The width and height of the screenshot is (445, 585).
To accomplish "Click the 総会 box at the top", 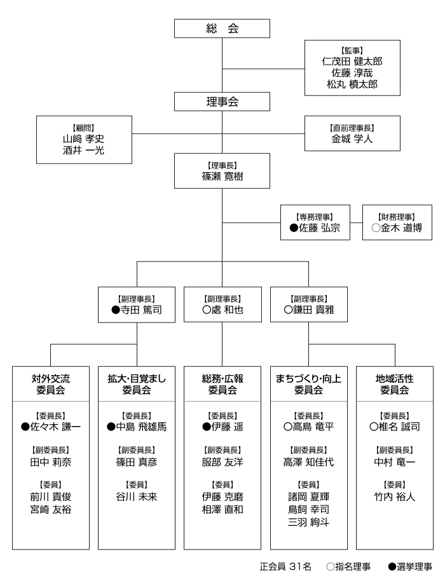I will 221,29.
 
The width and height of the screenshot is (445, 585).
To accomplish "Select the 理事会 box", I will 221,102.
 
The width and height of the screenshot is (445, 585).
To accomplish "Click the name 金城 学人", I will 352,138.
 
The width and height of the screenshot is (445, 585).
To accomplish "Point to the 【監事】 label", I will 352,50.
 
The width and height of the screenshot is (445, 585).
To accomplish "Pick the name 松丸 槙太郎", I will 352,84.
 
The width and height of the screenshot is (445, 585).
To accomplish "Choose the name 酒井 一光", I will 83,150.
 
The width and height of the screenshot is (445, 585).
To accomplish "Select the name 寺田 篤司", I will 141,311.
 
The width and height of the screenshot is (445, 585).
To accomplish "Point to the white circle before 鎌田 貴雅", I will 288,311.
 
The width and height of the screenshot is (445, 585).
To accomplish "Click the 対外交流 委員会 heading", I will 51,384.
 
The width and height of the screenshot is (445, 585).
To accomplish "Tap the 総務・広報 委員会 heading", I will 222,384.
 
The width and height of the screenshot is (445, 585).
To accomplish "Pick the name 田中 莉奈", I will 51,462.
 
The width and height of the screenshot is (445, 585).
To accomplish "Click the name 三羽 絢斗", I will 308,522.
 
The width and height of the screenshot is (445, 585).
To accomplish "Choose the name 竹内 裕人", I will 394,497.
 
